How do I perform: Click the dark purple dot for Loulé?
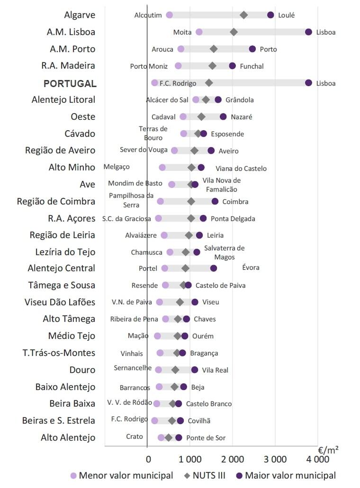click(270, 15)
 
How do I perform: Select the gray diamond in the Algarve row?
click(243, 15)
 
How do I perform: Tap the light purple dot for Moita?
click(199, 32)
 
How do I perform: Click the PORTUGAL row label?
click(70, 83)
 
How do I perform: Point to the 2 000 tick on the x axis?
click(233, 459)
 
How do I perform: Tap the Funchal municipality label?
click(252, 66)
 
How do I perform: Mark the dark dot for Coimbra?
click(215, 201)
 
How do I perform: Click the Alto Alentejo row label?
click(68, 437)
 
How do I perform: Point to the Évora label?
click(251, 268)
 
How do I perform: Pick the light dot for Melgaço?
click(162, 167)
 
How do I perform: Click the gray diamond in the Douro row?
click(175, 370)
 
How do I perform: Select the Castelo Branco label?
click(208, 404)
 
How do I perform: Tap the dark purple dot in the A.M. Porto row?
click(252, 49)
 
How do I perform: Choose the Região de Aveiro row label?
click(60, 150)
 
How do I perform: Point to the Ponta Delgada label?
click(233, 219)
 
